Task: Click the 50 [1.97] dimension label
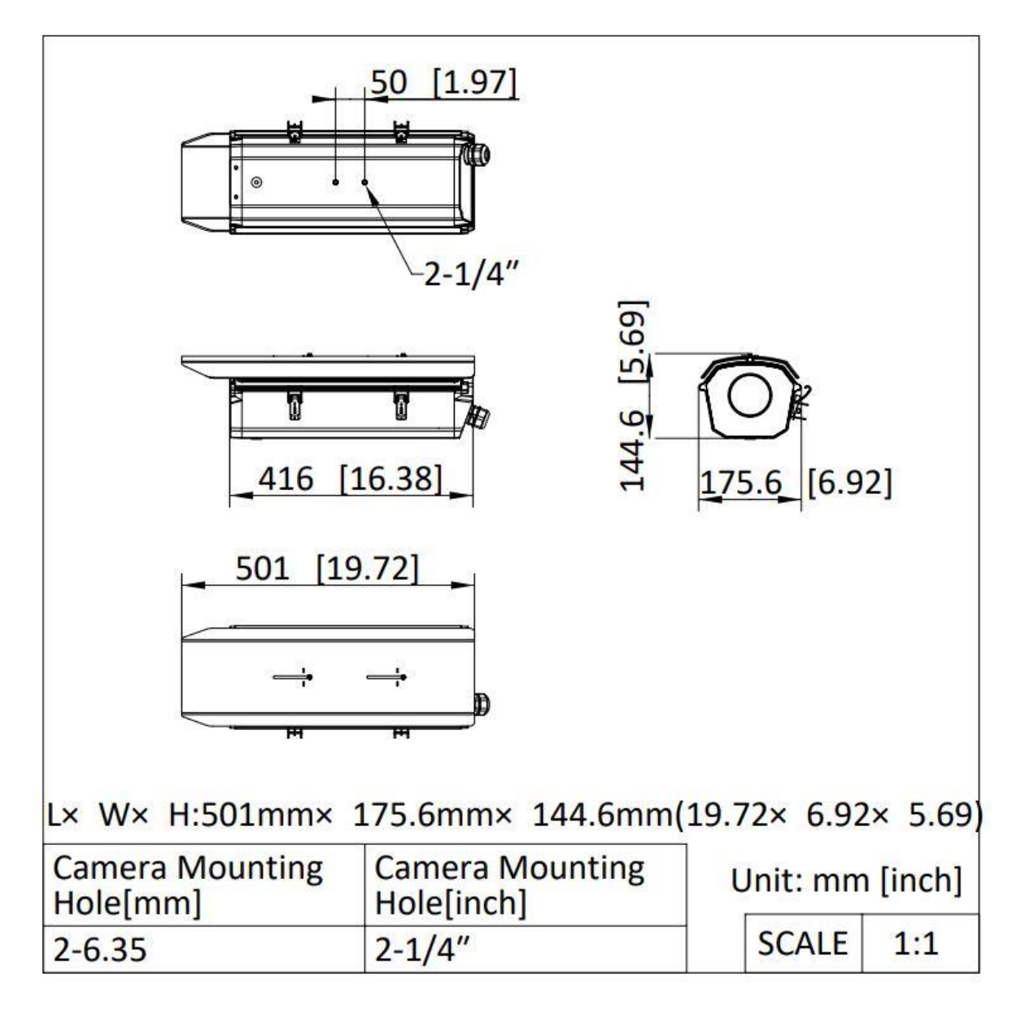point(443,83)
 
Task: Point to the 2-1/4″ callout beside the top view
point(471,274)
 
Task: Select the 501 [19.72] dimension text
point(327,568)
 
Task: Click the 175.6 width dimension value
point(741,483)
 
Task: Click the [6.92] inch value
point(849,483)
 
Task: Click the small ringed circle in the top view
point(256,182)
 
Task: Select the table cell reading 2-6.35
point(203,950)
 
